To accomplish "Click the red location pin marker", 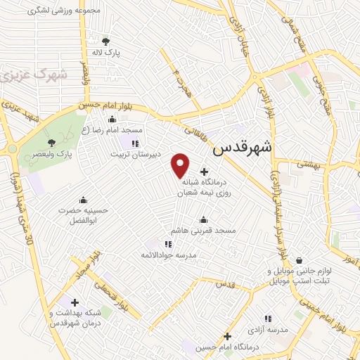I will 181,165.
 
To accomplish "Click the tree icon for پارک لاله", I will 105,41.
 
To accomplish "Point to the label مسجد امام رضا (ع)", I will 112,131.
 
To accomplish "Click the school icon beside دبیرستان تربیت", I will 134,142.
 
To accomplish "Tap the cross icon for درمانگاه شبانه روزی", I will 204,171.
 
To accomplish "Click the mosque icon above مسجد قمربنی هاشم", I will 203,219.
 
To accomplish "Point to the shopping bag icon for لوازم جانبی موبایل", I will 300,259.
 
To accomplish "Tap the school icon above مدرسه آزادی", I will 266,319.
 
